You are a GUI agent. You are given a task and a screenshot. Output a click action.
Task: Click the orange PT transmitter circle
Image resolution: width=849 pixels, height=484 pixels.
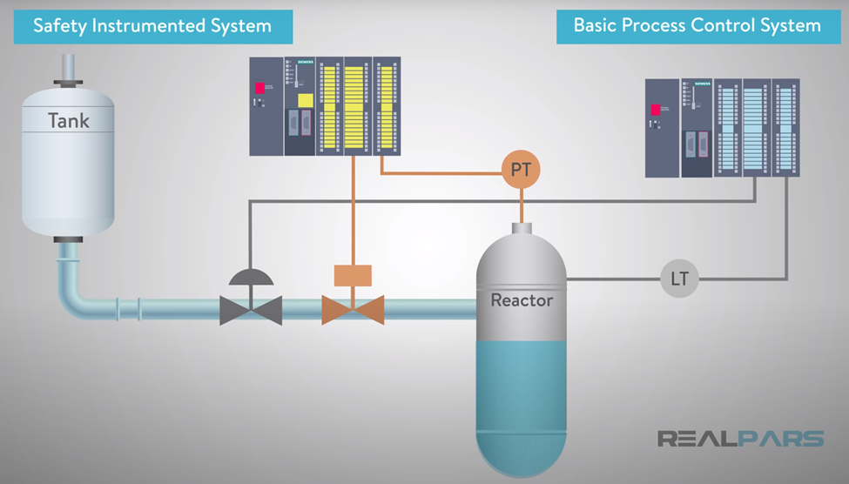coord(521,170)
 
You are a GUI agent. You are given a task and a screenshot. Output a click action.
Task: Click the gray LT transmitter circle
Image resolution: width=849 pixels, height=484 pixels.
coord(679,279)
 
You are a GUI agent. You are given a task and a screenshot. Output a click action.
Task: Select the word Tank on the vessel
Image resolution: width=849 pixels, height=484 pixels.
coord(68,120)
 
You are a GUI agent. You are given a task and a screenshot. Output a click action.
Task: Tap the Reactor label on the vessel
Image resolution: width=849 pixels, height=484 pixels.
coord(522,300)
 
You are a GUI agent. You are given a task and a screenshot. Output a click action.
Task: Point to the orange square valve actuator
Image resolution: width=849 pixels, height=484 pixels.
coord(353,275)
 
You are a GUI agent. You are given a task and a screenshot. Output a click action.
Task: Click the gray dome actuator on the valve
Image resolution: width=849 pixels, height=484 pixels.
coord(251,277)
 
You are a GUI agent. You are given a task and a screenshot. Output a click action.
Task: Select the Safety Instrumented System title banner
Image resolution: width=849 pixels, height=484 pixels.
coord(152,25)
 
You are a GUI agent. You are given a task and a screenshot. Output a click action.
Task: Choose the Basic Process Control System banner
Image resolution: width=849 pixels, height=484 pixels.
coord(697,25)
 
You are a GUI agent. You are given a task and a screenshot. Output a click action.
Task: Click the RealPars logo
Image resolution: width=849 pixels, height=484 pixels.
coord(740,438)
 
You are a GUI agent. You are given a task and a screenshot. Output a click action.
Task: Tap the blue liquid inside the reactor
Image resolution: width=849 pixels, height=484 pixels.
coord(521,392)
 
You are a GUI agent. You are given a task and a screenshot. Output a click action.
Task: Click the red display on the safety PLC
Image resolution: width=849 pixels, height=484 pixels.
coord(259,88)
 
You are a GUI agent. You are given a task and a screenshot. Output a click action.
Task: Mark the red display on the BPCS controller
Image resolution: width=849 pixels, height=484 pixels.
coord(655,110)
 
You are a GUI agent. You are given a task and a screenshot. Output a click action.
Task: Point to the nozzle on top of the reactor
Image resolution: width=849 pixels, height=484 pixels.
coord(521,228)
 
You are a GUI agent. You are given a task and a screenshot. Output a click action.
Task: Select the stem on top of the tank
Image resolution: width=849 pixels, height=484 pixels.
coord(68,68)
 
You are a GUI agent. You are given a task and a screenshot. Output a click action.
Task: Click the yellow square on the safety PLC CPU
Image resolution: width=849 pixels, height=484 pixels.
coord(305,100)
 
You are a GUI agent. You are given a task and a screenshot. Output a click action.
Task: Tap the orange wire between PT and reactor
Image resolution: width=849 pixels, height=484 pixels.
coord(521,205)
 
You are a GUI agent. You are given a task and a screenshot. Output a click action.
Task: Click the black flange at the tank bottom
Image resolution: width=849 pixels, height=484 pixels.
coord(67,239)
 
